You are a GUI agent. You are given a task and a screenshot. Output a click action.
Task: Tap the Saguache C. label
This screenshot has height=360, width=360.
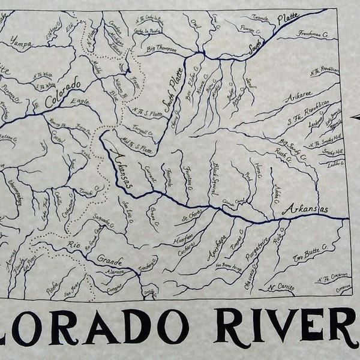pyautogui.click(x=104, y=222)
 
